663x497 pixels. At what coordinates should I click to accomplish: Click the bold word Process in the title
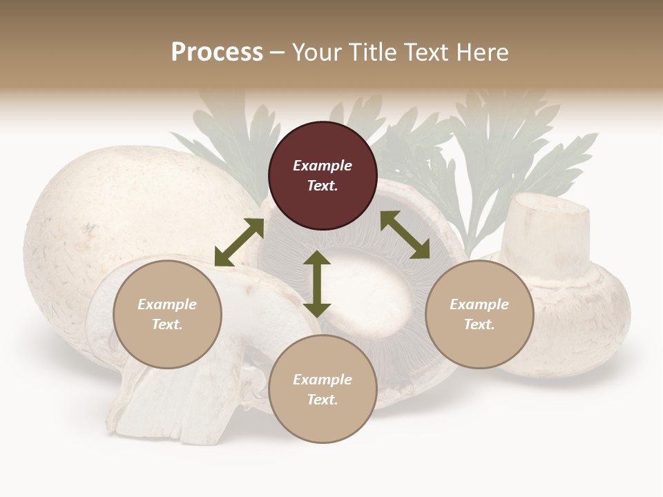217,52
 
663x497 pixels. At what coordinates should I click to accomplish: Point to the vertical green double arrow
317,284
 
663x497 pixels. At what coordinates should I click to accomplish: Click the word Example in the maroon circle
323,166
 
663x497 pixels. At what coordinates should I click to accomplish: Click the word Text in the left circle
167,324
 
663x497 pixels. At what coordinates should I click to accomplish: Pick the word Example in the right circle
479,304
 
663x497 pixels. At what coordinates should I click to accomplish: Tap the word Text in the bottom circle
323,400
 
